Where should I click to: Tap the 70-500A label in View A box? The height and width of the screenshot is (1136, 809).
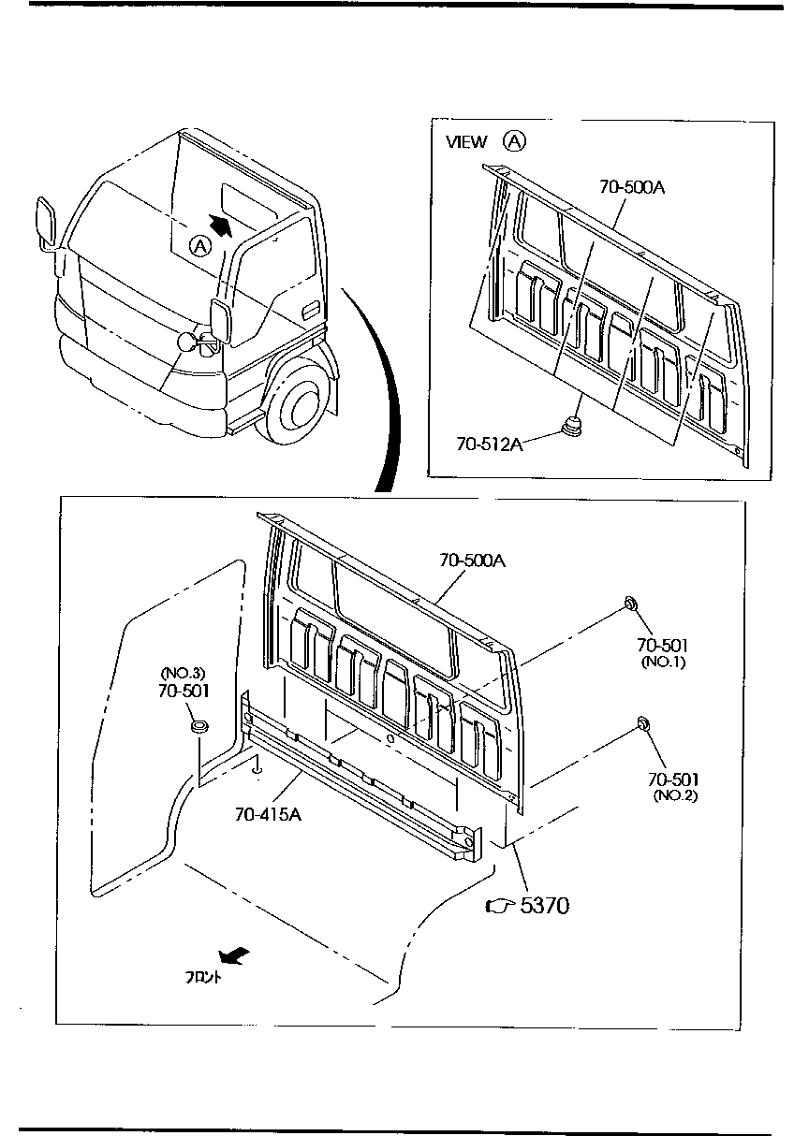point(632,186)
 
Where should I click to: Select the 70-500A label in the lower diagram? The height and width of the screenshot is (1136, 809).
point(473,561)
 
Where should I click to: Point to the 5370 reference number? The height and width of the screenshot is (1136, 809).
point(544,906)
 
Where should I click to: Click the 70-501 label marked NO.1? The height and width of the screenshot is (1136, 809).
point(663,645)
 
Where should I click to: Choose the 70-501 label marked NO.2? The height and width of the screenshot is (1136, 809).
point(672,779)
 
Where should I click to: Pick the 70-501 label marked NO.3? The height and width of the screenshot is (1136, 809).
point(184,690)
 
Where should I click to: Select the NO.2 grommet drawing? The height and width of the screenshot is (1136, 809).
point(644,722)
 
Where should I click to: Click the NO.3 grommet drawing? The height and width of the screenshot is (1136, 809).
point(199,726)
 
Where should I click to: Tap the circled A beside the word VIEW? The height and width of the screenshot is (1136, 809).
point(515,141)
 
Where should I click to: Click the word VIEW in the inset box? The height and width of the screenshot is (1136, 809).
point(466,142)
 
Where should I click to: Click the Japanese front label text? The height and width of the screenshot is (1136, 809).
point(203,978)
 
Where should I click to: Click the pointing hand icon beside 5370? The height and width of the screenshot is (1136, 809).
point(501,906)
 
